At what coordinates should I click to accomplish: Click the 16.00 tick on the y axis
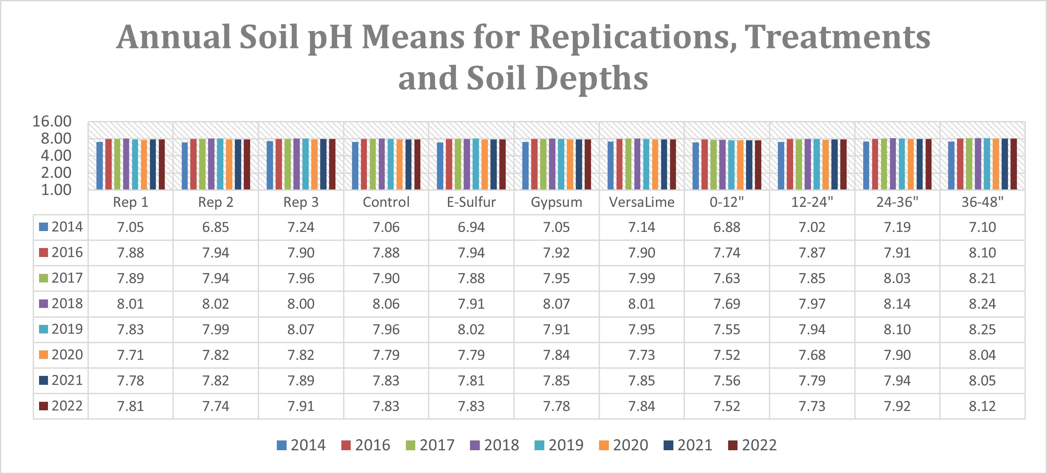pyautogui.click(x=52, y=121)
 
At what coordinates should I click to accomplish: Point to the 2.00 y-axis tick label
pyautogui.click(x=56, y=172)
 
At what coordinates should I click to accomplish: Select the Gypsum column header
pyautogui.click(x=556, y=202)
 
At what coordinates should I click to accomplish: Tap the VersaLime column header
pyautogui.click(x=642, y=202)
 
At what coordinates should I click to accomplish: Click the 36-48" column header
pyautogui.click(x=982, y=202)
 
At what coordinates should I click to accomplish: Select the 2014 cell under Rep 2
pyautogui.click(x=216, y=227)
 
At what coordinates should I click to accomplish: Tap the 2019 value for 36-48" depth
pyautogui.click(x=982, y=330)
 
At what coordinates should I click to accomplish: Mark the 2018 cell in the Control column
pyautogui.click(x=386, y=304)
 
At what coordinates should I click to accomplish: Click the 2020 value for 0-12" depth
pyautogui.click(x=726, y=355)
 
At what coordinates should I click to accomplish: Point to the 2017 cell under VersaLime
pyautogui.click(x=642, y=279)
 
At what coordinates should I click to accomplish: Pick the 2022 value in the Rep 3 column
pyautogui.click(x=301, y=406)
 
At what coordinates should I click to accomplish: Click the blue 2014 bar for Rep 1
pyautogui.click(x=100, y=166)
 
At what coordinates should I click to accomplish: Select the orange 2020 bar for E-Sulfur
pyautogui.click(x=485, y=164)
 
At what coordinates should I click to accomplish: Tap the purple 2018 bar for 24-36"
pyautogui.click(x=893, y=164)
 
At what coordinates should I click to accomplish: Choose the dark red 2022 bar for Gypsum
pyautogui.click(x=588, y=164)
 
